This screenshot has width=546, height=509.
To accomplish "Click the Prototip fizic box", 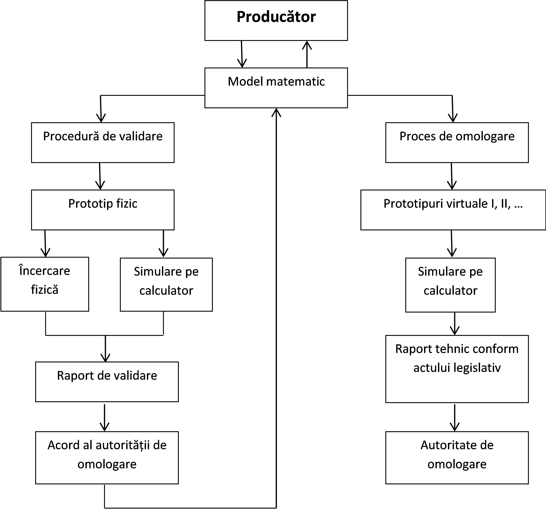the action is click(x=103, y=210).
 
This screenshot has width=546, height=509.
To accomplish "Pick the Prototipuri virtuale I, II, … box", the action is click(x=453, y=210).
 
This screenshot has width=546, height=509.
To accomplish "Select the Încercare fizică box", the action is click(x=45, y=284).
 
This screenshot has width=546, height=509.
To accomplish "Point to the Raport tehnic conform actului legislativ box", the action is click(x=457, y=369).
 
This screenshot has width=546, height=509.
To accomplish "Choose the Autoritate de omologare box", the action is click(x=457, y=458).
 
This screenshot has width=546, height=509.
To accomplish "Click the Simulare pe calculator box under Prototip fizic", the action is click(x=166, y=285).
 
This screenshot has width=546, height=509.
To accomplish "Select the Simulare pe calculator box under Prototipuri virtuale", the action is click(x=450, y=285).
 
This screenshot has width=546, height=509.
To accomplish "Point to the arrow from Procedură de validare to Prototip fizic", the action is click(x=100, y=176).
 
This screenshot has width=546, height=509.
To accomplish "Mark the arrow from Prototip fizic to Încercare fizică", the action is click(x=45, y=243).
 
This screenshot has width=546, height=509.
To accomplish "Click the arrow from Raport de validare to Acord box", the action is click(x=105, y=417).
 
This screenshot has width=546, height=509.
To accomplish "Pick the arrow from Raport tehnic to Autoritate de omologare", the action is click(x=455, y=417).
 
